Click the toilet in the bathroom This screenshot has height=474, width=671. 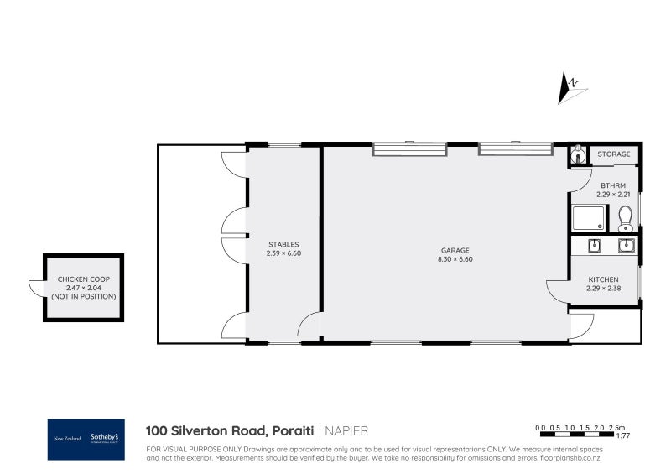click(x=626, y=220)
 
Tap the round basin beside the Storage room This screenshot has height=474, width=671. click(x=577, y=155)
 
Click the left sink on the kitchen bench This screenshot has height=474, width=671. click(x=594, y=245)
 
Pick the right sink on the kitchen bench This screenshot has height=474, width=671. click(x=625, y=245)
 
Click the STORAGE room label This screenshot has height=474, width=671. click(x=614, y=154)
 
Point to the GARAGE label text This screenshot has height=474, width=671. click(x=455, y=250)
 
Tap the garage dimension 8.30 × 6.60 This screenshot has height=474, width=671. click(x=455, y=259)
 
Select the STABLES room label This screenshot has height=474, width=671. click(x=283, y=244)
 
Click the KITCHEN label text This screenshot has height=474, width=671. click(x=603, y=279)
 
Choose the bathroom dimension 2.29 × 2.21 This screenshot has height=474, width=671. click(x=612, y=194)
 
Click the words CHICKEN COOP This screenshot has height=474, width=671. click(x=83, y=279)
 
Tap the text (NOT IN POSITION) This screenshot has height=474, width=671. click(x=83, y=296)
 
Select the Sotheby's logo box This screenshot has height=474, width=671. click(x=86, y=439)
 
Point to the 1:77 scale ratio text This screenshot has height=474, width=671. click(x=622, y=436)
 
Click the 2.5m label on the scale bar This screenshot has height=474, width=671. click(x=619, y=428)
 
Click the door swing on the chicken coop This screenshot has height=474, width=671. click(x=37, y=287)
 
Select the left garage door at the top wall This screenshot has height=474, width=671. click(x=409, y=149)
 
